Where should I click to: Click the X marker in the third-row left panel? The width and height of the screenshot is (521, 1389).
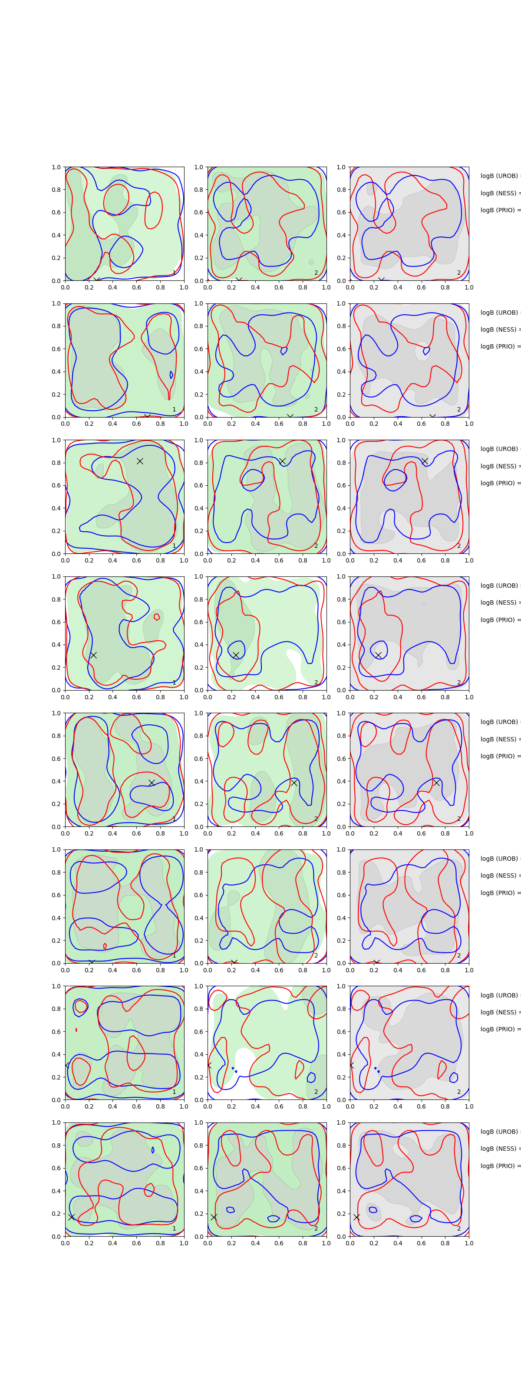[140, 461]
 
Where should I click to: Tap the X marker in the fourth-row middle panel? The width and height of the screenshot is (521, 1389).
[236, 655]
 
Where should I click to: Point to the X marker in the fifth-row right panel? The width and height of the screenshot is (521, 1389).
[436, 782]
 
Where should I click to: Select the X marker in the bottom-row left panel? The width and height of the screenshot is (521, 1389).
[71, 1217]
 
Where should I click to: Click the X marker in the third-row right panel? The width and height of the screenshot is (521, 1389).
[425, 461]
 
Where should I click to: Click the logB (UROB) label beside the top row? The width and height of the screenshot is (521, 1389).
[499, 176]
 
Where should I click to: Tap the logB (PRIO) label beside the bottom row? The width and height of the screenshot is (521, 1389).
[499, 1166]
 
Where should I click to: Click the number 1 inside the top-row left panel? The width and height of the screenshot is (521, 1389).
[174, 273]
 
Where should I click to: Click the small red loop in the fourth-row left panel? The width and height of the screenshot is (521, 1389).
[157, 617]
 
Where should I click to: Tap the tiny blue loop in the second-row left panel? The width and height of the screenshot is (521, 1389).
[171, 375]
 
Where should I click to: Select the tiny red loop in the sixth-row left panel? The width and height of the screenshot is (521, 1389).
[105, 946]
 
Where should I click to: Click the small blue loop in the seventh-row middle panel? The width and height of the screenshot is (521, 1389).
[311, 1077]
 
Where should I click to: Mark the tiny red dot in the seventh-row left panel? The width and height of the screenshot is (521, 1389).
[76, 1030]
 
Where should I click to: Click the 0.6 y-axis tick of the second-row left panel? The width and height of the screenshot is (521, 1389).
[56, 349]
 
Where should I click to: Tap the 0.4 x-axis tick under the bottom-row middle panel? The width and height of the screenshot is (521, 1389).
[255, 1243]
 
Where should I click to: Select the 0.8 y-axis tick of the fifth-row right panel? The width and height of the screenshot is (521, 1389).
[341, 735]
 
